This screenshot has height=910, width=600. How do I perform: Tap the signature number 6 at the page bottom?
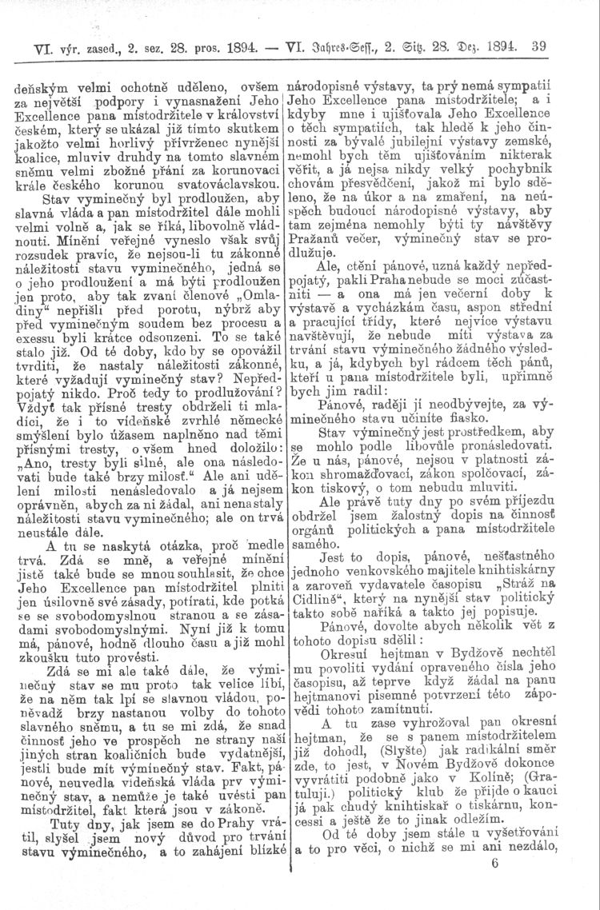click(x=495, y=864)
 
